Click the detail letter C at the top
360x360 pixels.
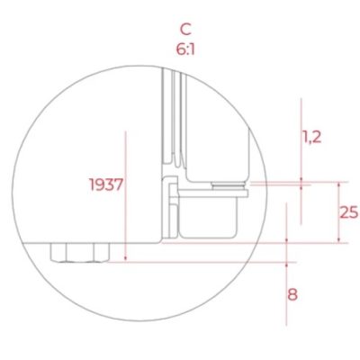(x=185, y=30)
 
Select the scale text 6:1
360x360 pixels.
(x=185, y=49)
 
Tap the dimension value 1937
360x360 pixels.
(x=106, y=184)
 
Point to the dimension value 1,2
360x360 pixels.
(x=312, y=137)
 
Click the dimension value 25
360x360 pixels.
(x=348, y=212)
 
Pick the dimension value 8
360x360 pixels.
(x=292, y=294)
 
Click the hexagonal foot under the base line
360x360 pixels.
(x=79, y=253)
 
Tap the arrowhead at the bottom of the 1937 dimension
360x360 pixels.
(x=126, y=258)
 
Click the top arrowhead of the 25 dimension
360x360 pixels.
(x=339, y=184)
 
